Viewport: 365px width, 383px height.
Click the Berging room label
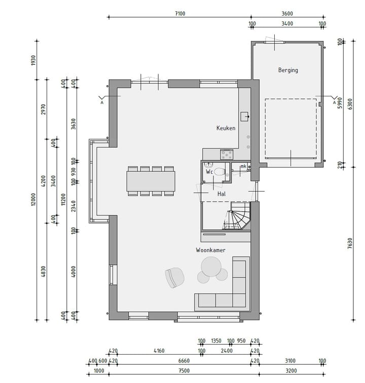coord(287,70)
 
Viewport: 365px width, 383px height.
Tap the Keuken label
coord(226,128)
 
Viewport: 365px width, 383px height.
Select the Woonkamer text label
coord(210,250)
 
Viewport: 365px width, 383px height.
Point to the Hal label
coord(222,194)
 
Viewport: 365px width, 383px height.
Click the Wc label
coord(209,172)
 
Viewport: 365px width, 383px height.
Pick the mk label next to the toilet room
coord(243,166)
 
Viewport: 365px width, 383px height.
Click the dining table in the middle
coord(151,180)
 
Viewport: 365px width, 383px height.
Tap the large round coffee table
coord(211,266)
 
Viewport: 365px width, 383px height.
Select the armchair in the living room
coord(174,277)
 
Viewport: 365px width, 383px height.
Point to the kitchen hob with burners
coord(226,154)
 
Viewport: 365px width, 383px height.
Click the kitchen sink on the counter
coord(244,116)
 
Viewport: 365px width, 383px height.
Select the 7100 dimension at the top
coord(179,14)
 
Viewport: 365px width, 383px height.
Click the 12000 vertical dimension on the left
coord(33,200)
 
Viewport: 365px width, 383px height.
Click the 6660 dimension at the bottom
coord(185,361)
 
